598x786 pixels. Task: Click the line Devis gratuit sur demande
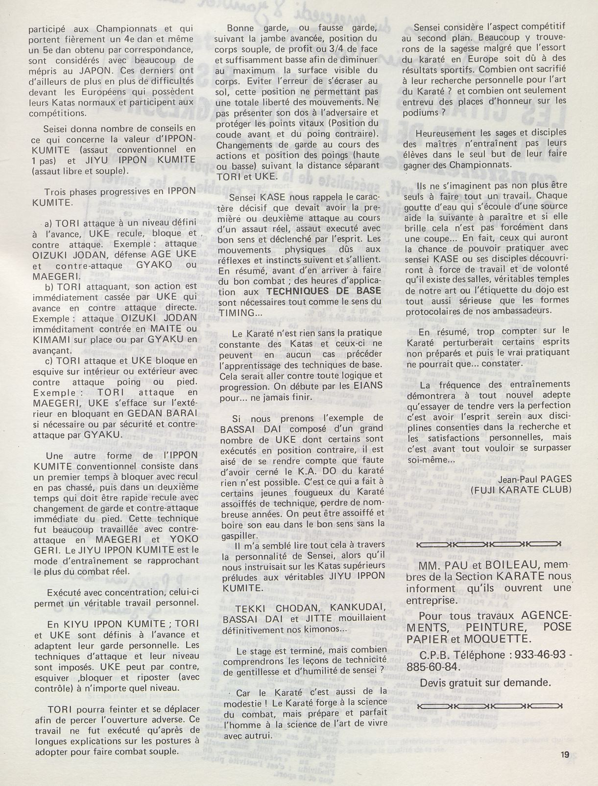(485, 682)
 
